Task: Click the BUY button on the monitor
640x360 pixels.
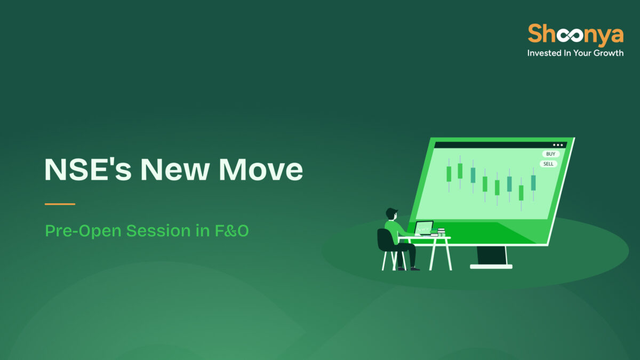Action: click(x=550, y=154)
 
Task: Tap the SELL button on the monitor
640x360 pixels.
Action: click(x=548, y=164)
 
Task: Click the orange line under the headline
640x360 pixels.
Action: click(x=60, y=204)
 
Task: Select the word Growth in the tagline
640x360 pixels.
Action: click(x=605, y=53)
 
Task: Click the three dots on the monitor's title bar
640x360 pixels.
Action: click(x=558, y=145)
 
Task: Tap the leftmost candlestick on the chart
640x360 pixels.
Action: click(x=449, y=173)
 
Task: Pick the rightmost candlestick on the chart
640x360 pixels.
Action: click(x=533, y=182)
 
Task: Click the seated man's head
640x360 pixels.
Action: click(x=391, y=214)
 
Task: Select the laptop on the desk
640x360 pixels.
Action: click(x=424, y=228)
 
